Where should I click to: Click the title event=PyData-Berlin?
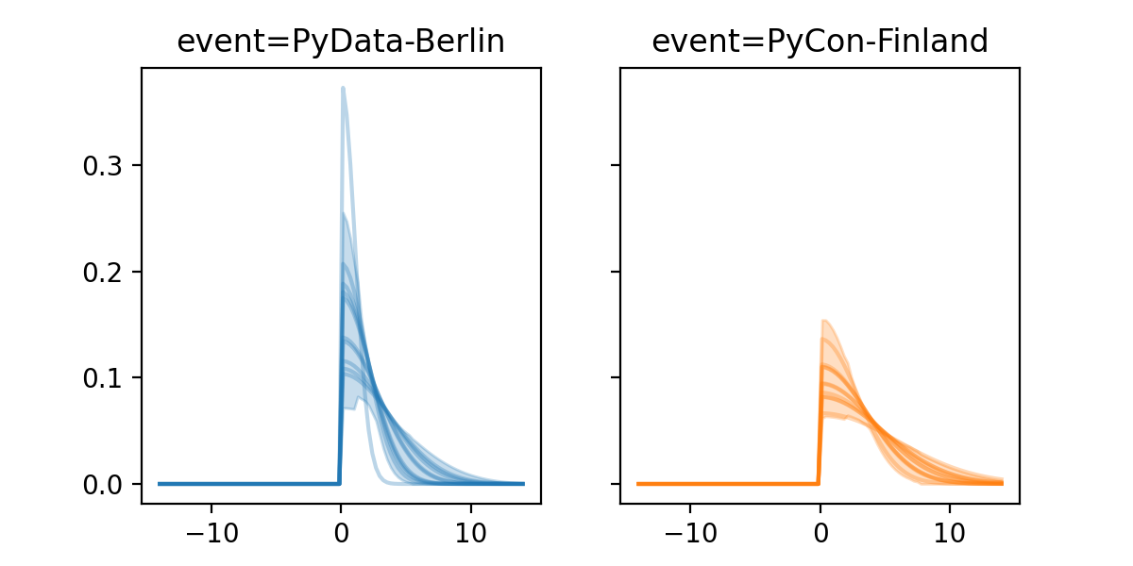tap(341, 42)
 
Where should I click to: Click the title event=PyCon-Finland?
tap(820, 42)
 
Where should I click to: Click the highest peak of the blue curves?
tap(343, 88)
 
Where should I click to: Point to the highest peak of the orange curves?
tap(824, 321)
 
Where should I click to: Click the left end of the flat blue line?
tap(160, 483)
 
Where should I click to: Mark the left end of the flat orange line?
tap(638, 483)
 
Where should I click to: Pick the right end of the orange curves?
tap(1001, 482)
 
